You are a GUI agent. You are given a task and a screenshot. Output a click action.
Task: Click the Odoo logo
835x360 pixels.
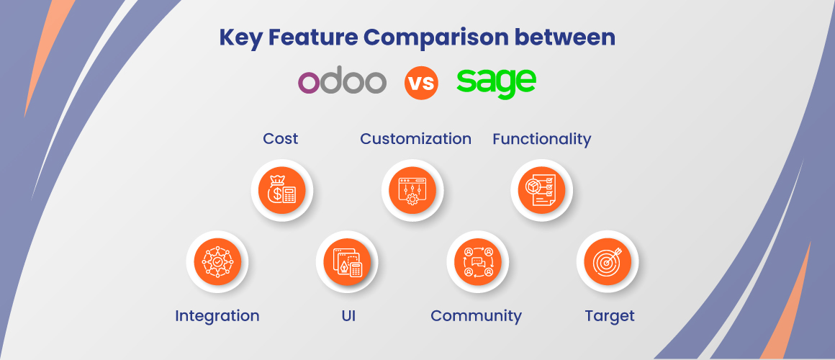(342, 83)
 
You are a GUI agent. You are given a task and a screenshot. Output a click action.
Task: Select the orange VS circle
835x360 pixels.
(421, 83)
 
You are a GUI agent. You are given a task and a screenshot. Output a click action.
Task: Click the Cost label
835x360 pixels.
(281, 139)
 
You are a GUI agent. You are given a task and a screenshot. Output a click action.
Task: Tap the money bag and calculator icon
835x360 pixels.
(281, 191)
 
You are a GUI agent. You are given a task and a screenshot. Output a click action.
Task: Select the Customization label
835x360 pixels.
(415, 139)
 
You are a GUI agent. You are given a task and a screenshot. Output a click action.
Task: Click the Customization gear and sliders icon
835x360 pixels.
(412, 191)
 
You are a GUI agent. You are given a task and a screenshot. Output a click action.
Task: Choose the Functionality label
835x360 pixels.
(541, 140)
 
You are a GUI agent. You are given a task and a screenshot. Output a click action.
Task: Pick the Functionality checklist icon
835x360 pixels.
(541, 191)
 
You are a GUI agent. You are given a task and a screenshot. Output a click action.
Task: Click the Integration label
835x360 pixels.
(217, 316)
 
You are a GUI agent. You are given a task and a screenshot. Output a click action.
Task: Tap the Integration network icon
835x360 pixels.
(217, 261)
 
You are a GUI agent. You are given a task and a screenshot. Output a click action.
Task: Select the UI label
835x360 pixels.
(348, 316)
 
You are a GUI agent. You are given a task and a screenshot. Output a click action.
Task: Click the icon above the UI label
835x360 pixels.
(347, 261)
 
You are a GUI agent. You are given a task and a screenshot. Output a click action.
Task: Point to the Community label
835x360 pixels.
(476, 316)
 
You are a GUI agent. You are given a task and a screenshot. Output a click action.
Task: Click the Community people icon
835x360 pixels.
(478, 261)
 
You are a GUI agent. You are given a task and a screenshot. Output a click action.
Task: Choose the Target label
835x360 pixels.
(610, 316)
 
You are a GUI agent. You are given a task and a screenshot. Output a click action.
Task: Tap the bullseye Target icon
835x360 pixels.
(608, 261)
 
